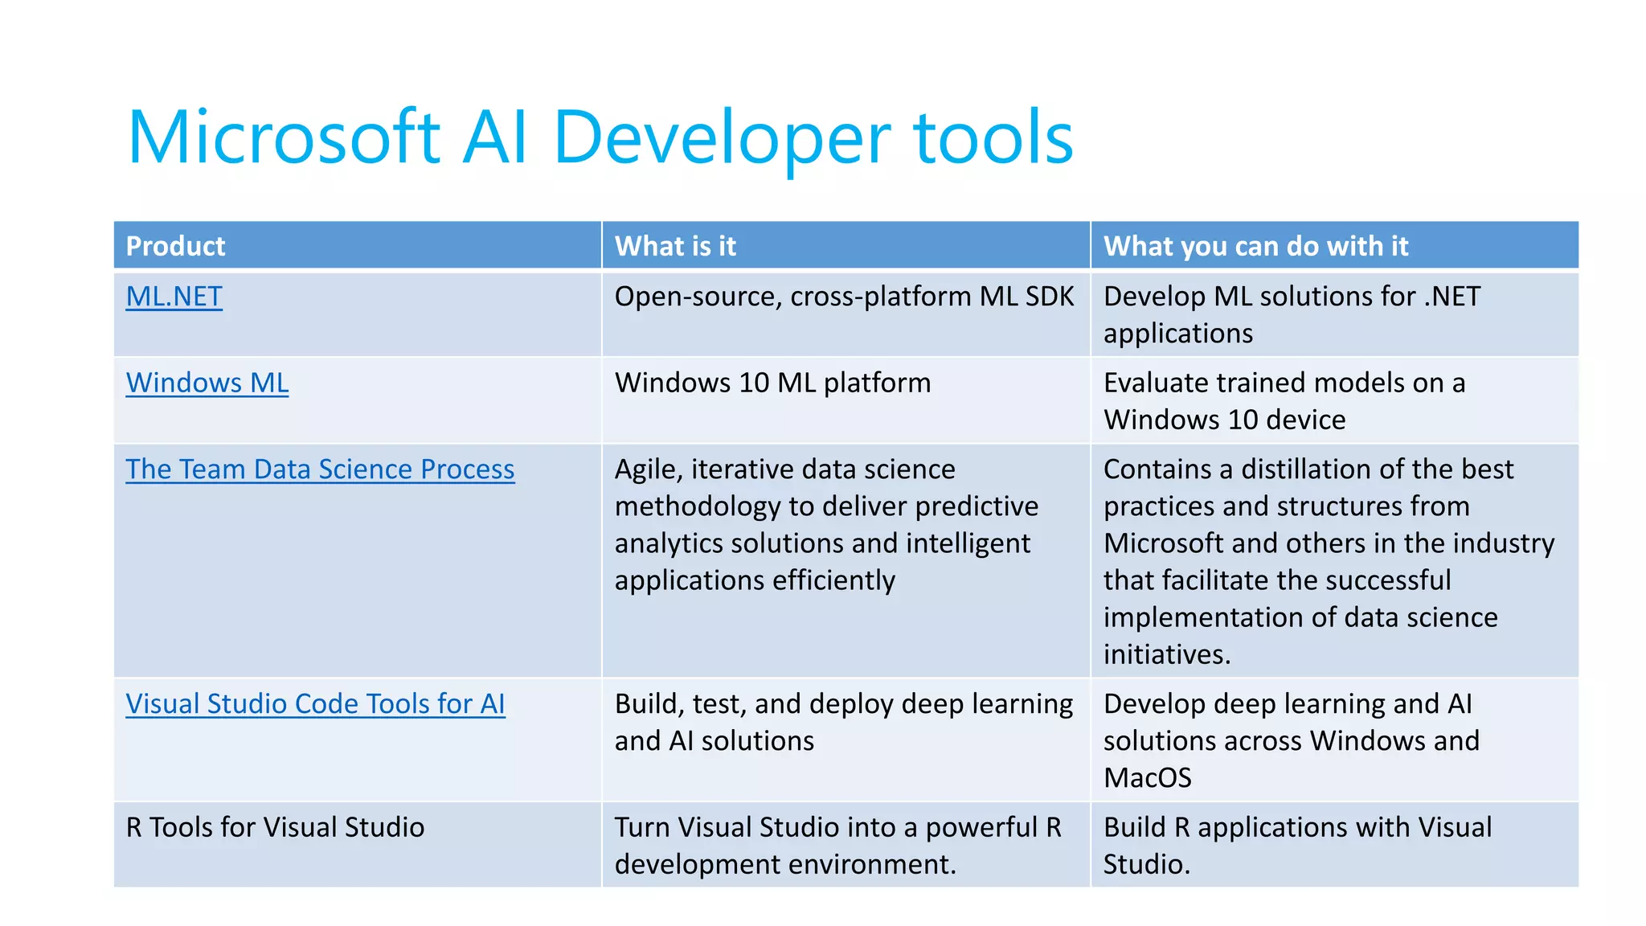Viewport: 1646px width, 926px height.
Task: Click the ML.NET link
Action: pyautogui.click(x=174, y=297)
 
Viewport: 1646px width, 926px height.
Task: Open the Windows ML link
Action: pyautogui.click(x=207, y=383)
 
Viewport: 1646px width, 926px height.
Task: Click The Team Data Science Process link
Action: pyautogui.click(x=320, y=469)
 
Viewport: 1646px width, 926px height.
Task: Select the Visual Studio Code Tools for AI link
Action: pyautogui.click(x=315, y=704)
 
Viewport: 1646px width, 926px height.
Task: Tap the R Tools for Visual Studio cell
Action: pyautogui.click(x=275, y=827)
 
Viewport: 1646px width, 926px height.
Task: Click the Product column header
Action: pyautogui.click(x=175, y=246)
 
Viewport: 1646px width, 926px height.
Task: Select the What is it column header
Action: pyautogui.click(x=675, y=246)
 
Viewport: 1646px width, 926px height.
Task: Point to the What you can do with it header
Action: pyautogui.click(x=1255, y=246)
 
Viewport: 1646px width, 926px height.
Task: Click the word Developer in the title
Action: pyautogui.click(x=722, y=138)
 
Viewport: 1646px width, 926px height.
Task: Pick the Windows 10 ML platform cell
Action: pyautogui.click(x=772, y=383)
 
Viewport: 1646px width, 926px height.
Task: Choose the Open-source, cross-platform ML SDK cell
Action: pyautogui.click(x=844, y=297)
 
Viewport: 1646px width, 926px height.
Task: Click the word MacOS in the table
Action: pyautogui.click(x=1147, y=778)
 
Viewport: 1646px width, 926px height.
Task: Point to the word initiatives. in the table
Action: pyautogui.click(x=1166, y=654)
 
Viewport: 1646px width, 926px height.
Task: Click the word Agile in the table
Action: pyautogui.click(x=648, y=469)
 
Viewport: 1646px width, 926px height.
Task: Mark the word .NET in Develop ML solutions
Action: pyautogui.click(x=1452, y=297)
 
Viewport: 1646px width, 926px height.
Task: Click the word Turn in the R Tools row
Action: pyautogui.click(x=641, y=827)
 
